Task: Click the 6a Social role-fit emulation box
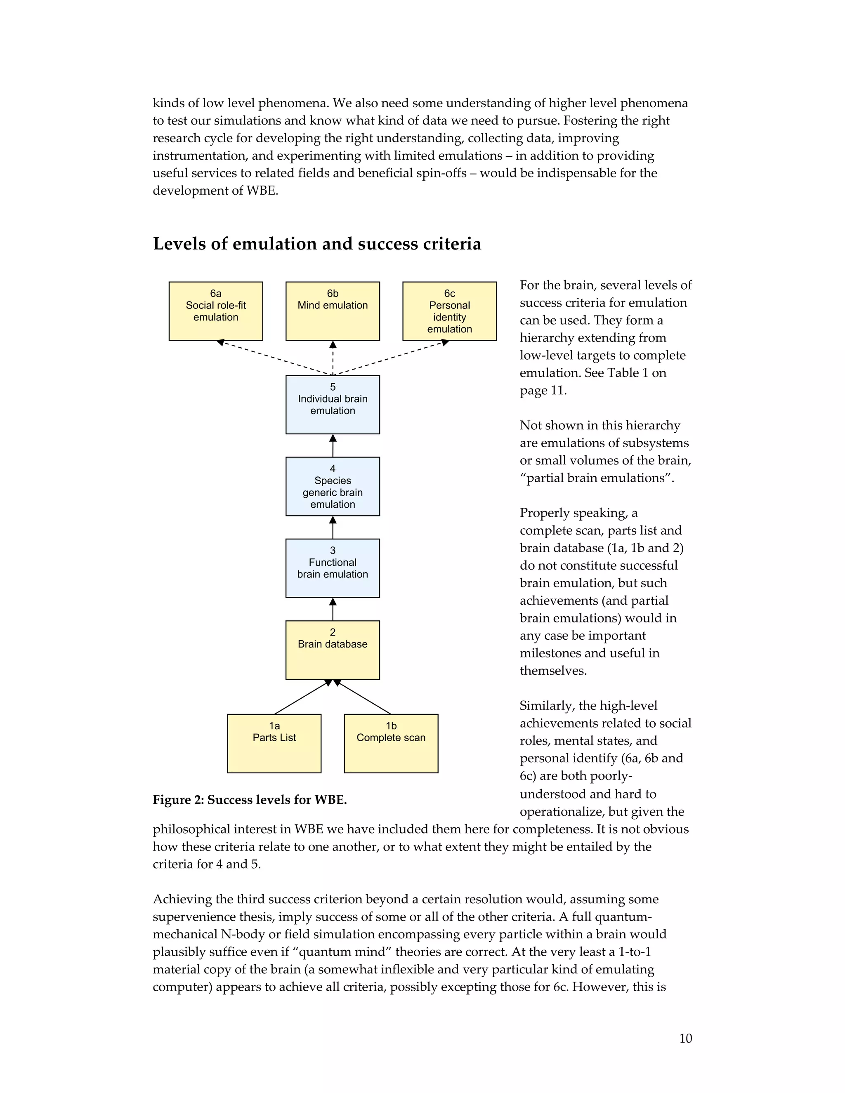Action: coord(216,311)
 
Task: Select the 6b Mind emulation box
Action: coord(333,311)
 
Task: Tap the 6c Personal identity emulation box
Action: coord(450,311)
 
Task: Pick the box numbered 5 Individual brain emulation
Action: coord(333,404)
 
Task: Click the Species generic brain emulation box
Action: coord(333,486)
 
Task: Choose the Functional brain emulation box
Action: coord(333,568)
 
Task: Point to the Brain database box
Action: coord(333,650)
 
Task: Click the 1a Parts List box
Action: coord(274,743)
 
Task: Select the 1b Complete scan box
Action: coord(391,743)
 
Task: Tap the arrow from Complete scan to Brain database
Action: coord(363,697)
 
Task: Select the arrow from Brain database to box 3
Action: coord(333,609)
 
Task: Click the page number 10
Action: coord(685,1039)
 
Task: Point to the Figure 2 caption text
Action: coord(249,800)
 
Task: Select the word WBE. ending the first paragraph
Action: coord(262,191)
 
